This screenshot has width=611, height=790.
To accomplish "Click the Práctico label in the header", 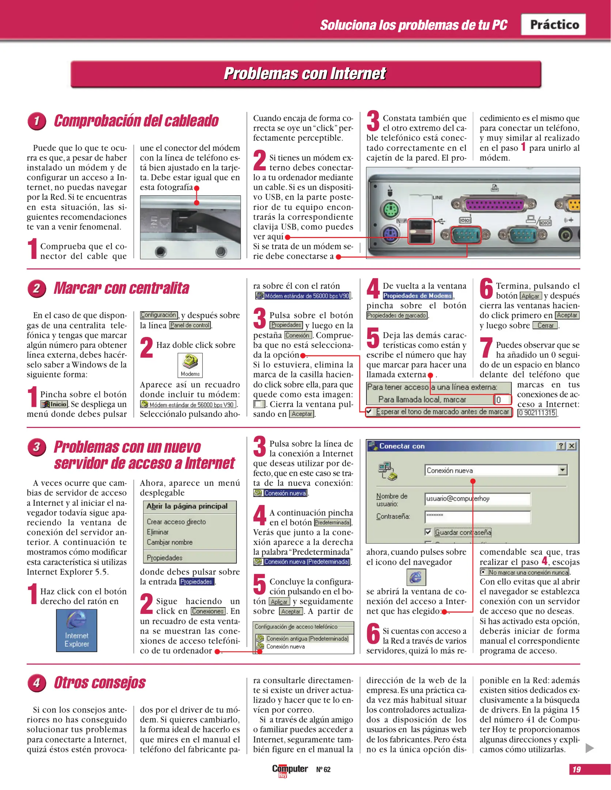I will click(554, 25).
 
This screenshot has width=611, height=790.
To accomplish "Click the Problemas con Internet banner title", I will click(305, 74).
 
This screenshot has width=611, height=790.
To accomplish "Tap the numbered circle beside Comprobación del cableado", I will click(37, 121).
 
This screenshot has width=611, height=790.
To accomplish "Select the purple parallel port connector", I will click(494, 204).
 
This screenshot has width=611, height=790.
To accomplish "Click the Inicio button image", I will click(54, 404).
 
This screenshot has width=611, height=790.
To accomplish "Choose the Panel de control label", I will click(190, 325).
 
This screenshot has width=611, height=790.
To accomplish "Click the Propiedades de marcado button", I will click(397, 315).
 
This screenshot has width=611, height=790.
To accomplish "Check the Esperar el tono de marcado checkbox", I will click(370, 411).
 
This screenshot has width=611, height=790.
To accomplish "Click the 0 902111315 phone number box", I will click(537, 413).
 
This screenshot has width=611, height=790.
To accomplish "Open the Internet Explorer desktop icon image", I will click(76, 630).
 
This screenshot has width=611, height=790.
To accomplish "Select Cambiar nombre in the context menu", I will click(170, 542).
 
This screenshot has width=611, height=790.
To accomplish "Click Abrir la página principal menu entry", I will click(187, 506).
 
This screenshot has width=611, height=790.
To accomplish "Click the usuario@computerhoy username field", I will click(477, 499).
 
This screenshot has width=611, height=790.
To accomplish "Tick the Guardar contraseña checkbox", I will click(428, 532).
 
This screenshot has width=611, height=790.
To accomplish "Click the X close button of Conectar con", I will click(572, 446).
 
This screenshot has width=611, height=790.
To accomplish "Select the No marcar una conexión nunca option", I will click(483, 572).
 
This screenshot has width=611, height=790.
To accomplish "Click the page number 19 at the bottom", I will click(577, 769).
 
